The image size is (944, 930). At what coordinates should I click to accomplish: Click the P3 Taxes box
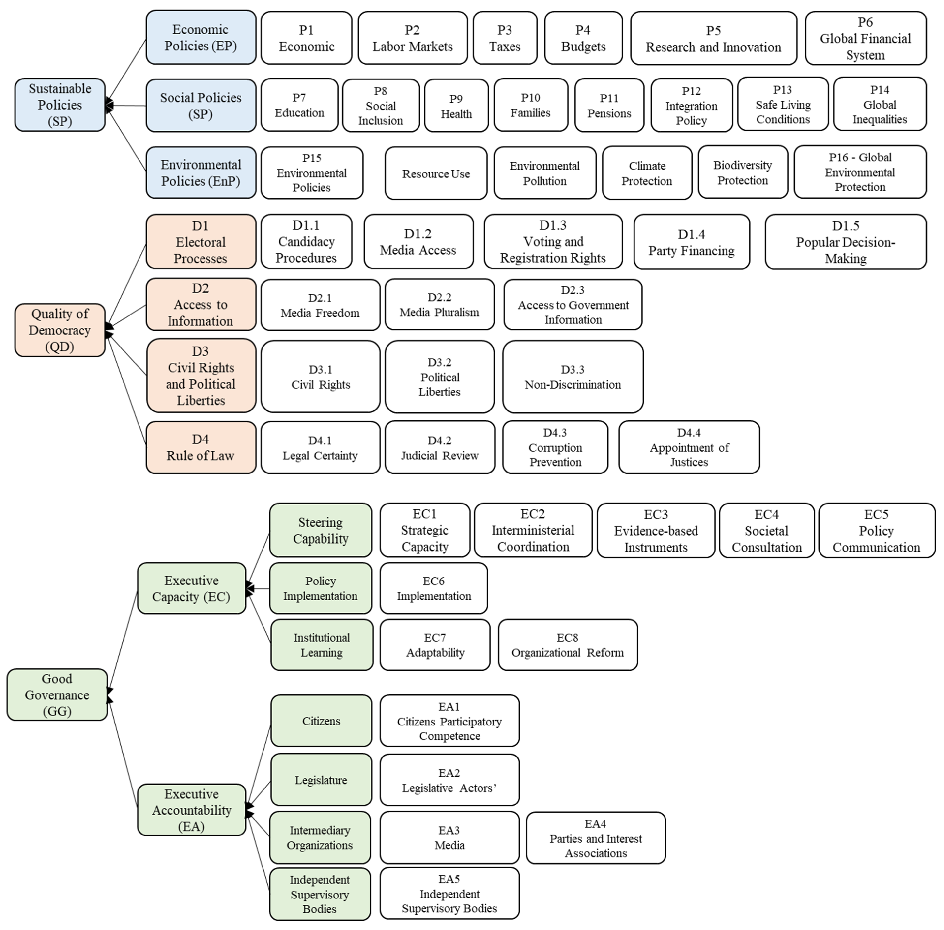tap(505, 38)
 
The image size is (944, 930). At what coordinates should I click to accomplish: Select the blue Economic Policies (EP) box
tap(201, 38)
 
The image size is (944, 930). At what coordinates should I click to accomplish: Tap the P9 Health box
tap(456, 106)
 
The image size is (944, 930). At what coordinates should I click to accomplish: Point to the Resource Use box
tap(436, 173)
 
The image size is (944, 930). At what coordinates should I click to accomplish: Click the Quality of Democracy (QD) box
tap(60, 330)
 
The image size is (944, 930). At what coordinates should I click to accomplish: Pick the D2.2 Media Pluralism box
tap(439, 305)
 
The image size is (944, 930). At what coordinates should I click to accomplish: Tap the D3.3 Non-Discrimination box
tap(572, 377)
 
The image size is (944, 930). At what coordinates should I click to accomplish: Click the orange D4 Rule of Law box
tap(201, 447)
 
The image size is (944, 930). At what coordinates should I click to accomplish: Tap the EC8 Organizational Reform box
tap(568, 645)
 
